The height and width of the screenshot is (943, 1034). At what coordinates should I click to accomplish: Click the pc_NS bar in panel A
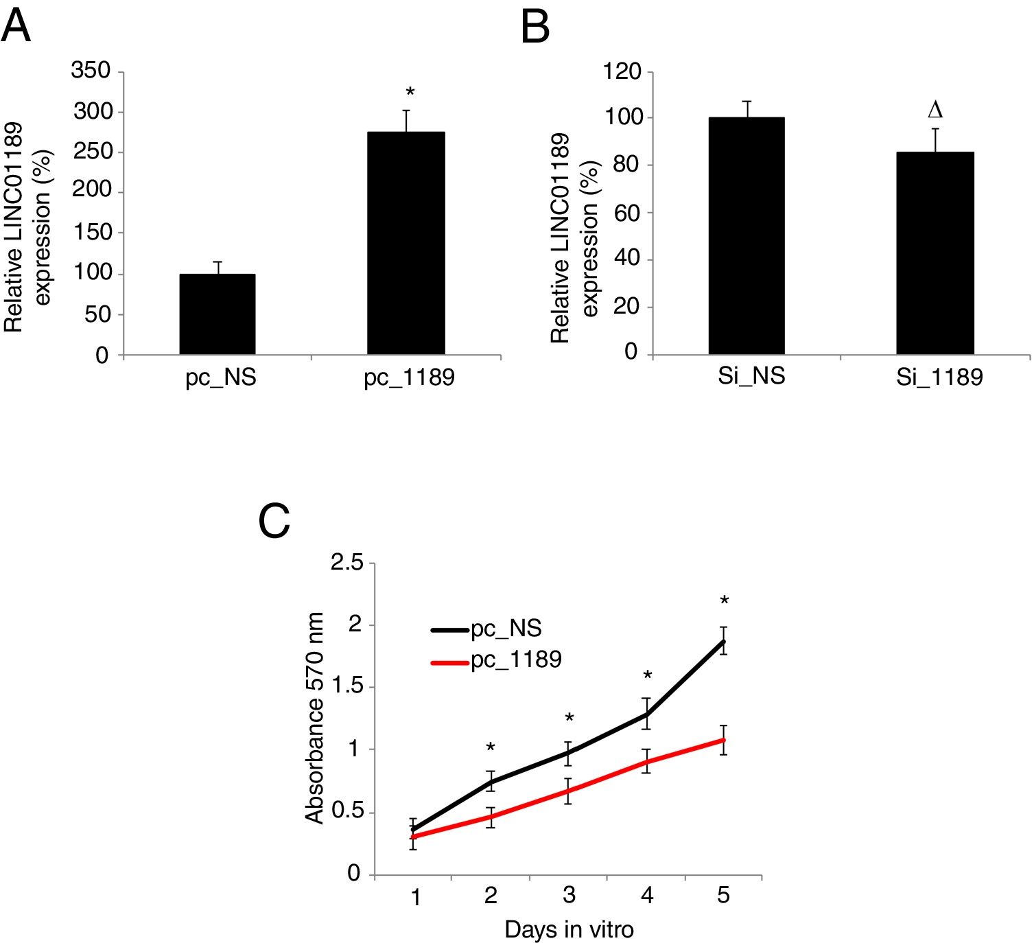tap(218, 314)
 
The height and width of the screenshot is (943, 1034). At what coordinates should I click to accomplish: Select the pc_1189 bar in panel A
tap(406, 244)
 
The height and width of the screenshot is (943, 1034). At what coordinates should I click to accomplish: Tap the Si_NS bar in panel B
tap(747, 236)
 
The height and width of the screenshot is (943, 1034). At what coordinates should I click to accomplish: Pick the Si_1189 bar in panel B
tap(935, 253)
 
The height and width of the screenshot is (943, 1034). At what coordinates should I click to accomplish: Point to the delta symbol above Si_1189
tap(935, 110)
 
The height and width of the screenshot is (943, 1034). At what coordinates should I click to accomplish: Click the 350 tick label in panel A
tap(91, 70)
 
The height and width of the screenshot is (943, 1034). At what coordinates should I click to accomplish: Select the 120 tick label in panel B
tap(622, 71)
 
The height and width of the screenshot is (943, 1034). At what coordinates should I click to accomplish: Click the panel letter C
tap(274, 522)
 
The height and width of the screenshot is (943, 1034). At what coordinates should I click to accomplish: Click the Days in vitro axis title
tap(569, 929)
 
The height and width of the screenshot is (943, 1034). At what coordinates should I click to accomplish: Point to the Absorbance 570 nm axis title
tap(314, 718)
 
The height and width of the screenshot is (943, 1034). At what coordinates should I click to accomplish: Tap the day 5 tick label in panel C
tap(723, 896)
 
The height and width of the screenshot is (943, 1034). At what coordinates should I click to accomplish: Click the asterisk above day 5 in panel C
tap(724, 602)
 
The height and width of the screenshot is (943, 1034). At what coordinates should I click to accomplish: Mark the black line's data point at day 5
tap(723, 641)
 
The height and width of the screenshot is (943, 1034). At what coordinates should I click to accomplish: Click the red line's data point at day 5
tap(723, 740)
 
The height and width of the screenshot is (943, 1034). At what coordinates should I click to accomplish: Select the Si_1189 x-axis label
tap(939, 377)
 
